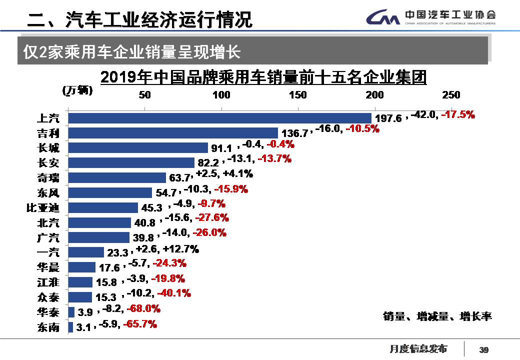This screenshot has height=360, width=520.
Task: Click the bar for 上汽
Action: click(220, 118)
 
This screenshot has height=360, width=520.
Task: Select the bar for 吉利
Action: click(173, 133)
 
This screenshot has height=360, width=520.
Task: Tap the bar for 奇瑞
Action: click(117, 178)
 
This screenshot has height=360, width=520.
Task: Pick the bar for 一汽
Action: click(86, 252)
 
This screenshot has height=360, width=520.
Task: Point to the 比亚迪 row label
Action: click(42, 208)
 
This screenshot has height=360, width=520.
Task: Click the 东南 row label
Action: click(48, 327)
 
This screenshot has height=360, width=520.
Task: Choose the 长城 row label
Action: click(48, 148)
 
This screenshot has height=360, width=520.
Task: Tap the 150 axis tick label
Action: click(298, 95)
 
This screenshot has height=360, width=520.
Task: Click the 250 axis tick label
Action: click(451, 95)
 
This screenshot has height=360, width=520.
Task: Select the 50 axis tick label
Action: click(144, 95)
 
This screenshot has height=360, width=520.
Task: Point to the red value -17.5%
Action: click(458, 114)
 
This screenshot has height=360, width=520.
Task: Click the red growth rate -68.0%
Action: click(143, 309)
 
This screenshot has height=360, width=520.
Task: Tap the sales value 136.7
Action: click(295, 134)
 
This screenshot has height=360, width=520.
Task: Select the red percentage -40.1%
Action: click(174, 293)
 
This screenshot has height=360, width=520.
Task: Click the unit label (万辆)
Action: click(77, 90)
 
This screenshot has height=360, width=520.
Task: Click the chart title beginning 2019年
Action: click(263, 78)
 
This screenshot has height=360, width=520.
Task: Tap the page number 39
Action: click(483, 349)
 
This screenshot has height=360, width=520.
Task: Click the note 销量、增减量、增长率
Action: click(437, 316)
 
